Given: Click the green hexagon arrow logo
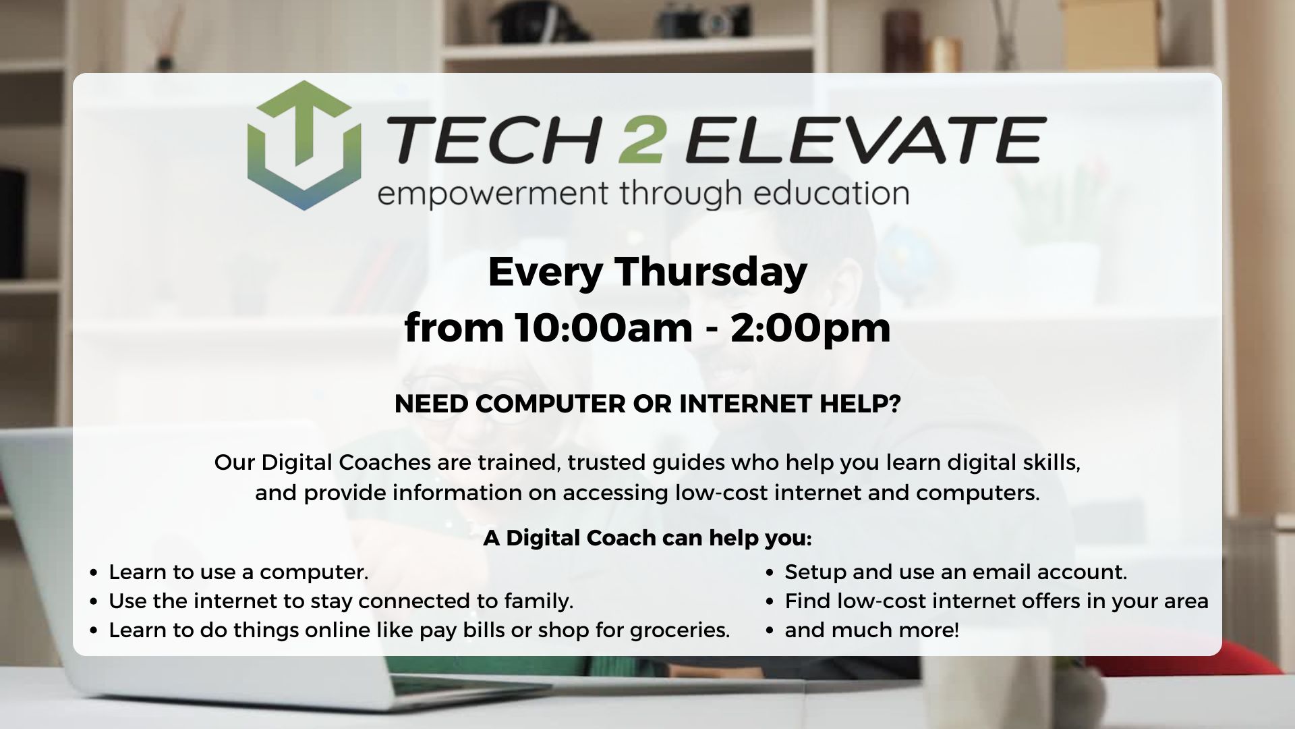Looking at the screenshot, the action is [x=304, y=145].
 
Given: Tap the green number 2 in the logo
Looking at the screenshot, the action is [x=640, y=140].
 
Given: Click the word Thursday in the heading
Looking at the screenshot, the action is [x=711, y=273].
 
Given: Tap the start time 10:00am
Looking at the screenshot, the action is [x=604, y=327].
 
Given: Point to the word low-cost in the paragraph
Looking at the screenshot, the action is [x=721, y=493].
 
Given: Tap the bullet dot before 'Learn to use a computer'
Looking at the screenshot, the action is [x=94, y=573].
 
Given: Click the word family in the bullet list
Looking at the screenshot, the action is [x=538, y=601].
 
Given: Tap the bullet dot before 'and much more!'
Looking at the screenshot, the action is [x=770, y=631].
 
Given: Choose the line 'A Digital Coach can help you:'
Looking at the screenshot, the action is [x=647, y=538].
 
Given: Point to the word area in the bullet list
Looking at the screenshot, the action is [x=1185, y=601].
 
